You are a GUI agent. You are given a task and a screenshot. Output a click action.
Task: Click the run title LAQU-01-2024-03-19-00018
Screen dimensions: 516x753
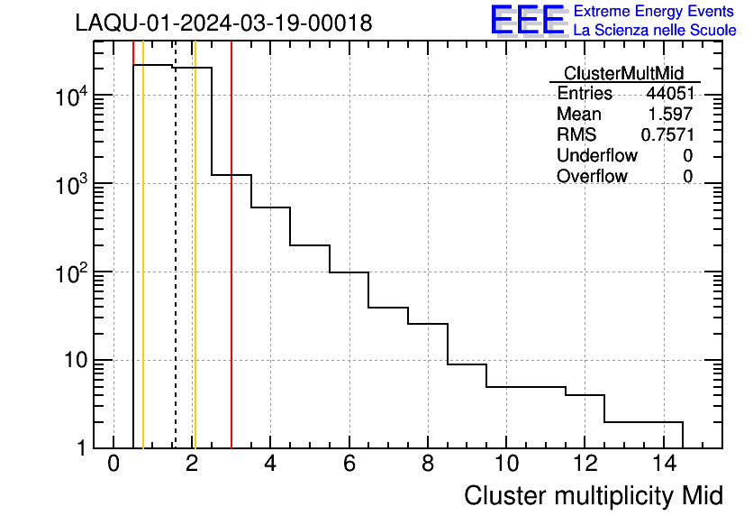(223, 23)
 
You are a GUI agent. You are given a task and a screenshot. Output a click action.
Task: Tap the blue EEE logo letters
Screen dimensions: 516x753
(528, 20)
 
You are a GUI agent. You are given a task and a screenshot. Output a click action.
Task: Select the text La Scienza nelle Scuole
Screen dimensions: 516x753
(655, 31)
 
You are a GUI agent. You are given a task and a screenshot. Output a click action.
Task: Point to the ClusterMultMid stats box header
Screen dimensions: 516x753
(623, 73)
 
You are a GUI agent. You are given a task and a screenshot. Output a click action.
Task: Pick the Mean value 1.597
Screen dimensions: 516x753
(670, 114)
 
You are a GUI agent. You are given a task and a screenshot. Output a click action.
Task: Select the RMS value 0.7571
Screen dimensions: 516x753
(667, 134)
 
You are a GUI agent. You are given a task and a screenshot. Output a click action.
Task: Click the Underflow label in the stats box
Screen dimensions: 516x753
(597, 155)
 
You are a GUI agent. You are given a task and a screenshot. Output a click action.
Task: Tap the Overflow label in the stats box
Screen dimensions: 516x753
(592, 176)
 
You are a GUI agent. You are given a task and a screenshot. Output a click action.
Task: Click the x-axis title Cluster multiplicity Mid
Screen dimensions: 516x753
(593, 495)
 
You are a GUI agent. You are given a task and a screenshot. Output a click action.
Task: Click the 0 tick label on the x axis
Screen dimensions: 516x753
(113, 464)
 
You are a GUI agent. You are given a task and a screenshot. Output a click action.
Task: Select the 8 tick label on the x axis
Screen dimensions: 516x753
(428, 464)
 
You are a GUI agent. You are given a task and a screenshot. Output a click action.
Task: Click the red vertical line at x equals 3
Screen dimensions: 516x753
(231, 271)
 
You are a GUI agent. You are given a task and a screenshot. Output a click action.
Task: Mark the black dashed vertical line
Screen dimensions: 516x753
(176, 271)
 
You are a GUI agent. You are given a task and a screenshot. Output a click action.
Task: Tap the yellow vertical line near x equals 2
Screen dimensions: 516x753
(195, 271)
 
